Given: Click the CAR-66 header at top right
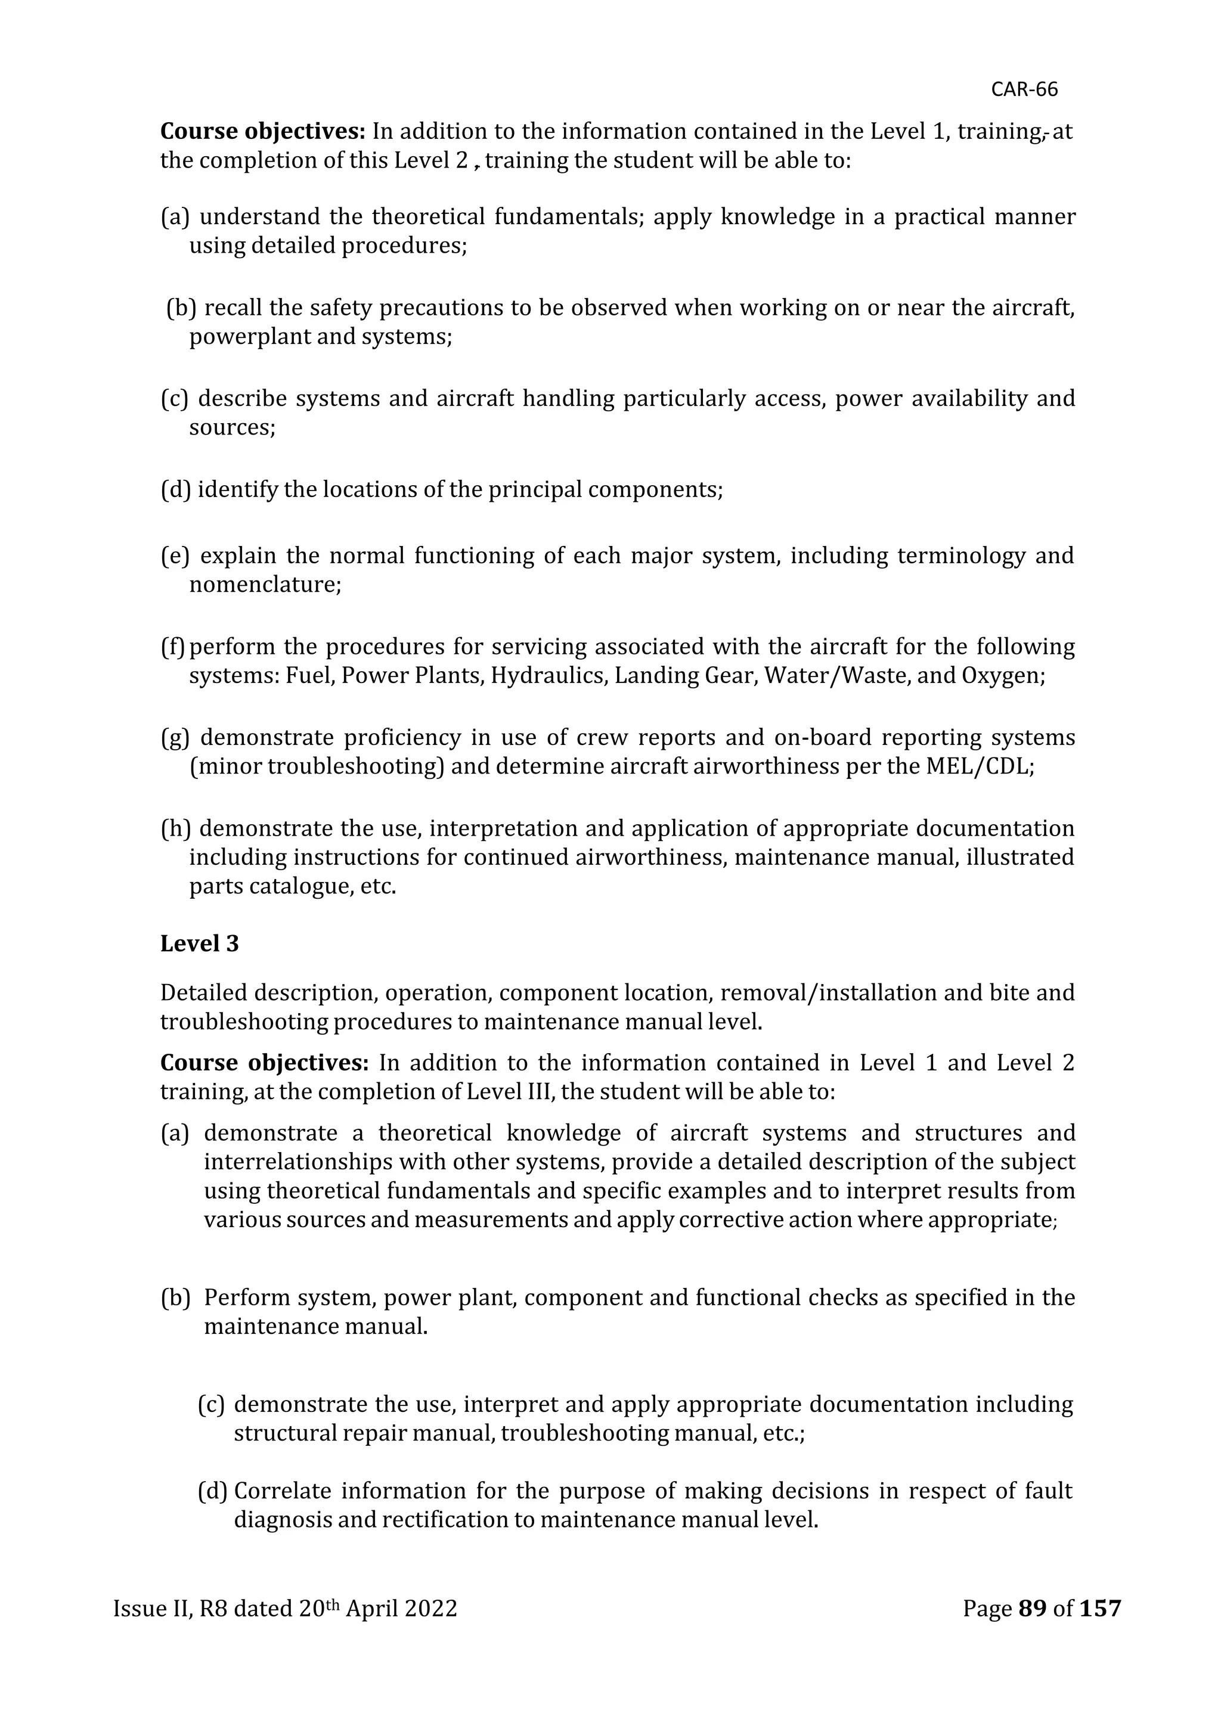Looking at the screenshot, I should point(1024,89).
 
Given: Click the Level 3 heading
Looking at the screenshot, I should point(199,943).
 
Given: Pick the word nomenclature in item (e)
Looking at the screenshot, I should point(265,584).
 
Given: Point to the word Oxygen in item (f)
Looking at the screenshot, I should point(1002,676).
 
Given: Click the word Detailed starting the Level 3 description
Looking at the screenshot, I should point(203,993).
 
